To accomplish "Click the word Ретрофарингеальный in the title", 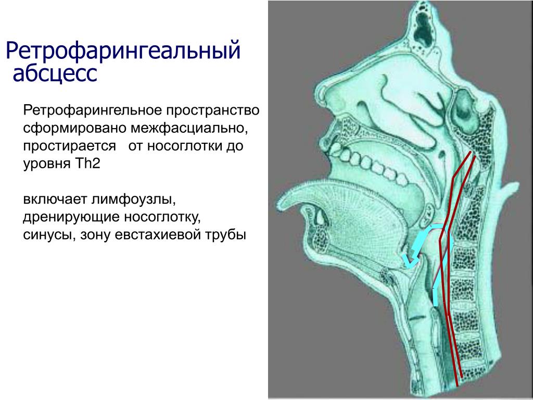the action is pos(123,51).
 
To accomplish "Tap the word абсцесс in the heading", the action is pos(55,73).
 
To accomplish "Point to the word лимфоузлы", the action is pos(134,199).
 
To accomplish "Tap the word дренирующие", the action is pos(71,218).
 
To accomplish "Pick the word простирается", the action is pos(70,146).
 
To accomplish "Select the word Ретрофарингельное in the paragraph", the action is pos(92,110).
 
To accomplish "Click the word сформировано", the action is pos(75,128).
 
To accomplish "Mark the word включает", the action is pos(55,199).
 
